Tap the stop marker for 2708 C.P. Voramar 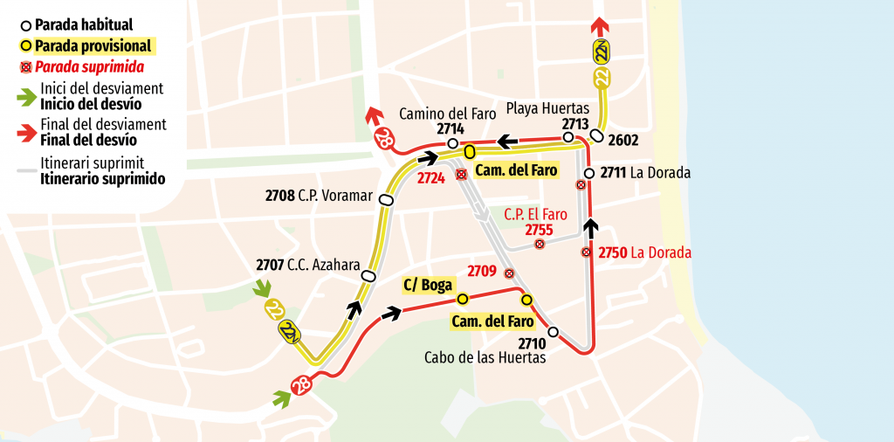pyautogui.click(x=387, y=200)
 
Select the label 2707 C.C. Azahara pyautogui.click(x=307, y=263)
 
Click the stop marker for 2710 pyautogui.click(x=553, y=332)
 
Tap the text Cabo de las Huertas pyautogui.click(x=485, y=356)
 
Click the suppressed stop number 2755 pyautogui.click(x=539, y=230)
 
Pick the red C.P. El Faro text pyautogui.click(x=536, y=214)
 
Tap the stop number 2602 pyautogui.click(x=623, y=140)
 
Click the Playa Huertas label pyautogui.click(x=547, y=109)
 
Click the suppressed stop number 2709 pyautogui.click(x=483, y=272)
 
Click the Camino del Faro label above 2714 pyautogui.click(x=441, y=114)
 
